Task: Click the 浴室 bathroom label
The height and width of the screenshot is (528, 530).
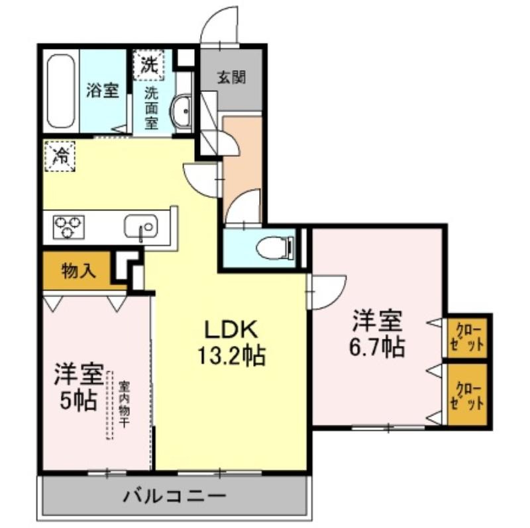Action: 102,91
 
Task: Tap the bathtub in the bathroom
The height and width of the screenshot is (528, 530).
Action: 61,91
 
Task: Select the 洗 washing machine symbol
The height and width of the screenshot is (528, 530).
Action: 150,66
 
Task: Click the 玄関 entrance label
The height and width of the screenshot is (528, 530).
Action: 232,77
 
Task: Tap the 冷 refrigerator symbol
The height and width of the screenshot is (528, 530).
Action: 60,157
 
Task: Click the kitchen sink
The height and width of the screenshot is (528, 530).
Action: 141,226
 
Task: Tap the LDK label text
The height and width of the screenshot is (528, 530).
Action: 229,329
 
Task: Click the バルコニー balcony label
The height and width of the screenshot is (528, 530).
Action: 175,496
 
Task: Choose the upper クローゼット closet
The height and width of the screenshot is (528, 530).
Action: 467,336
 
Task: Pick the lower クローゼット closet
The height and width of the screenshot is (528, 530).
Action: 467,395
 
